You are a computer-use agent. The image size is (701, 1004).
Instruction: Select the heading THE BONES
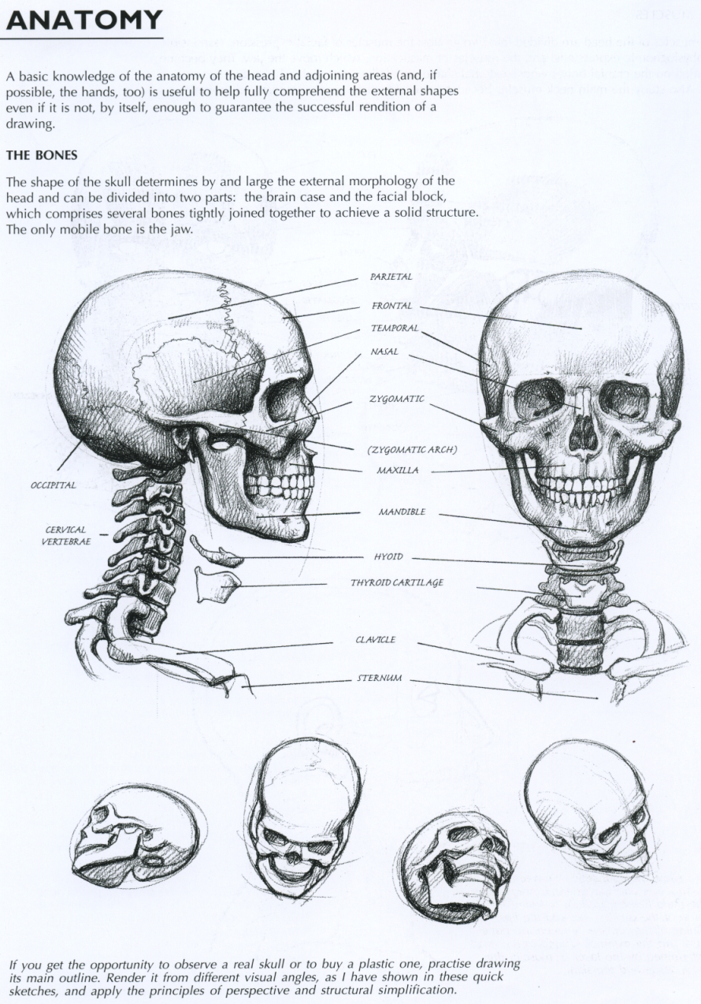[x=41, y=155]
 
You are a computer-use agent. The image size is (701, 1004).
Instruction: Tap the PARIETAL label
[x=391, y=277]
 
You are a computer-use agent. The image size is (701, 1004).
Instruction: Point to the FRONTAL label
[x=391, y=306]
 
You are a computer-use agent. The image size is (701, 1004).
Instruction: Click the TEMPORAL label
[x=394, y=328]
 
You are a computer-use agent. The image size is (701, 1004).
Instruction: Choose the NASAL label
[x=384, y=352]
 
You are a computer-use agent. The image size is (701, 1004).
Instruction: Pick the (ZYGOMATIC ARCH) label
[x=412, y=450]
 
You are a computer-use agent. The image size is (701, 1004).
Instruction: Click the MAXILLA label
[x=398, y=470]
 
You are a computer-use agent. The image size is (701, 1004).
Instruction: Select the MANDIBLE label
[x=402, y=512]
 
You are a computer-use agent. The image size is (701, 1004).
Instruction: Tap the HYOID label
[x=388, y=557]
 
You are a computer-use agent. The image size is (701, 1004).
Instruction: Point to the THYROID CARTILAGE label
[x=396, y=583]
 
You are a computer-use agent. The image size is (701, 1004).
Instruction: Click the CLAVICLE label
[x=375, y=640]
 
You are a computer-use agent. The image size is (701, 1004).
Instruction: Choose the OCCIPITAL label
[x=53, y=485]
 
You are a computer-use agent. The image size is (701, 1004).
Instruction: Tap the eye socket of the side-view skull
[x=284, y=400]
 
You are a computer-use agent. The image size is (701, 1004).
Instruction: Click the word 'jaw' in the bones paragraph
[x=182, y=229]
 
